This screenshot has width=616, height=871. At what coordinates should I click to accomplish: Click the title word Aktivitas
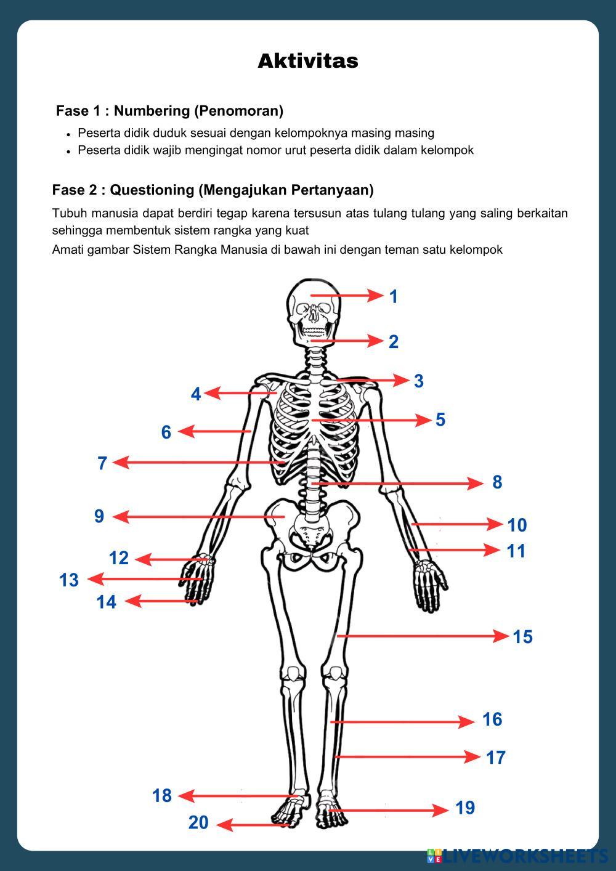click(x=307, y=61)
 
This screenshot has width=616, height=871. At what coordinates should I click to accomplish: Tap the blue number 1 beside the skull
click(x=394, y=297)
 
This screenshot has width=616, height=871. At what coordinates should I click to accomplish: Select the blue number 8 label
click(x=497, y=482)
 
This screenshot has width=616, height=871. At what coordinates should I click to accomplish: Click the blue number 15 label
click(x=522, y=637)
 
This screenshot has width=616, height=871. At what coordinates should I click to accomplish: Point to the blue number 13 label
click(x=69, y=580)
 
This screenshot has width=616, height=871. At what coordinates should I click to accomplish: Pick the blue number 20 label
click(x=198, y=823)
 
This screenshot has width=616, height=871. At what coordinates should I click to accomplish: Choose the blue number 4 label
click(x=196, y=394)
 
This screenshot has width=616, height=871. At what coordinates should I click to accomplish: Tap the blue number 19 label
click(x=465, y=808)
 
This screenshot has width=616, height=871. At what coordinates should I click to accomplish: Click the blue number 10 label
click(x=517, y=525)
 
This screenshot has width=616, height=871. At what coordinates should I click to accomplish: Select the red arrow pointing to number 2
click(x=348, y=341)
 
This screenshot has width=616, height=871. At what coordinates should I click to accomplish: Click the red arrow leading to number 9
click(x=197, y=517)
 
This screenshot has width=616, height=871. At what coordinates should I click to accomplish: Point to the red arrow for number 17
click(x=407, y=757)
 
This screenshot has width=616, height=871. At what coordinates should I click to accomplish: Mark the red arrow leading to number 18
click(x=240, y=796)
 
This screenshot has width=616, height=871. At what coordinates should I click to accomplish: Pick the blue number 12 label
click(x=119, y=558)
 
